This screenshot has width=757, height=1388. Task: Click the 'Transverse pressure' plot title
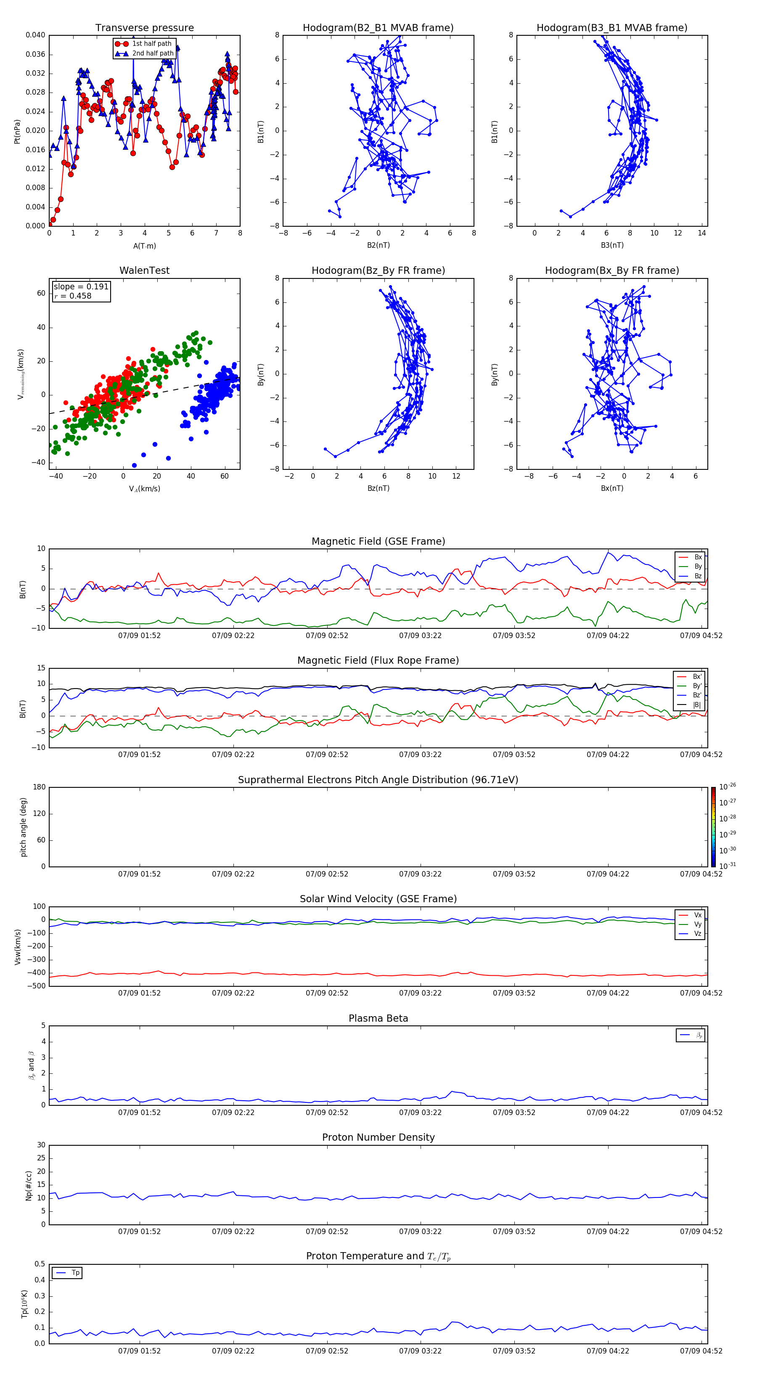point(144,28)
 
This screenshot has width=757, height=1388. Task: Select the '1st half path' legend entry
point(151,44)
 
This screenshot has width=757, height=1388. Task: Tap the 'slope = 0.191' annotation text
point(81,287)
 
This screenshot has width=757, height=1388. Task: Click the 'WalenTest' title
point(144,270)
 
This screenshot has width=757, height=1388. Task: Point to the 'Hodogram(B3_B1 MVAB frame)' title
point(611,28)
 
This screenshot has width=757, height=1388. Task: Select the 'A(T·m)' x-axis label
point(144,246)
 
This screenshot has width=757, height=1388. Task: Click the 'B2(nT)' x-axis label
point(378,245)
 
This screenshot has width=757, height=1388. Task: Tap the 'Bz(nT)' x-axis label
point(378,488)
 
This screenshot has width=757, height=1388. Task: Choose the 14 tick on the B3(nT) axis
point(701,233)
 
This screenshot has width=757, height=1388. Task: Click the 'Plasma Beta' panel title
point(378,1018)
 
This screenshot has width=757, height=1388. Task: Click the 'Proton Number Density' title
point(378,1137)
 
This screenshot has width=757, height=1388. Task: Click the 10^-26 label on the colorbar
point(728,787)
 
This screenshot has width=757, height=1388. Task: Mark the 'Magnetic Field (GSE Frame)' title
point(378,541)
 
